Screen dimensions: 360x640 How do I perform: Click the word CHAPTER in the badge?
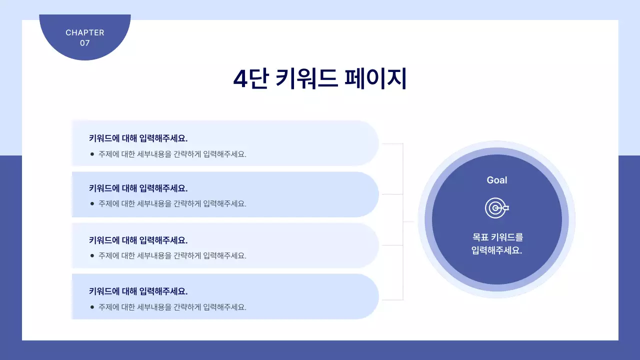point(85,32)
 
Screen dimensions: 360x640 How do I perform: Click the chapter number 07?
point(85,43)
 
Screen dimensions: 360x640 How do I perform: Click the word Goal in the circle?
point(497,180)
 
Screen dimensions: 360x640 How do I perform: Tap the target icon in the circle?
point(496,208)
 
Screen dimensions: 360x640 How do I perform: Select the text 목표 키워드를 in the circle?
point(497,237)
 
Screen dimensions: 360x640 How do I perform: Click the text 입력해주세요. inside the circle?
point(496,250)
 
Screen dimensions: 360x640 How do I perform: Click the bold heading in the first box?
point(138,138)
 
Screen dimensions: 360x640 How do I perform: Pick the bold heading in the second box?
point(138,188)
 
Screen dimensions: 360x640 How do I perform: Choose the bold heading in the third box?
point(138,240)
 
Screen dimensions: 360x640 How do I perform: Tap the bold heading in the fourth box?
point(138,291)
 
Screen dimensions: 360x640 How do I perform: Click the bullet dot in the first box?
point(92,154)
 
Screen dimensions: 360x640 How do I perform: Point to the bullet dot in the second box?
point(92,204)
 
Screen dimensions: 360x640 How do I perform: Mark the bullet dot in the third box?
point(92,255)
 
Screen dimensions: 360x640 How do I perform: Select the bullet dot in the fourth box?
point(92,307)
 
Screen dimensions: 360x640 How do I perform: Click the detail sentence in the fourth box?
point(172,307)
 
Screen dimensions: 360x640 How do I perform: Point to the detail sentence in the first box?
point(172,154)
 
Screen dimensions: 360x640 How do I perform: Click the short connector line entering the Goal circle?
point(409,221)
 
